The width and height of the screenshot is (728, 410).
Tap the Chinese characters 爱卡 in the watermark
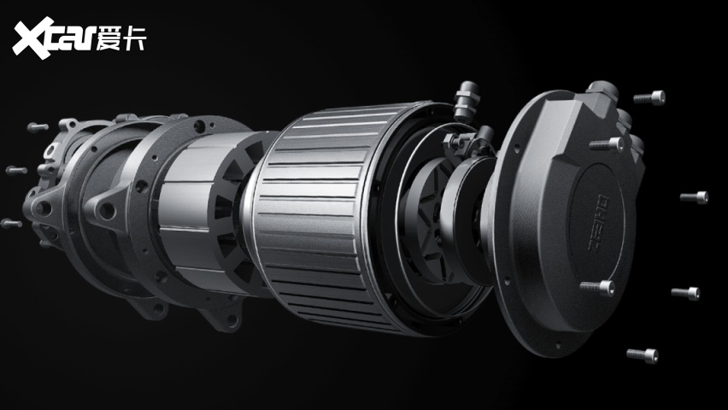121,38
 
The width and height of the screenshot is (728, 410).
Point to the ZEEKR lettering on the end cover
598,224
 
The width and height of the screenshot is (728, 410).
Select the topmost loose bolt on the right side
649,98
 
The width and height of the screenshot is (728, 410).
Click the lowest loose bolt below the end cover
643,355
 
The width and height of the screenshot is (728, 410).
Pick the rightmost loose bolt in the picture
695,197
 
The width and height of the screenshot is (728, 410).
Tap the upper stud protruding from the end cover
608,144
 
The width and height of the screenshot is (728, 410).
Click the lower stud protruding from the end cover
597,288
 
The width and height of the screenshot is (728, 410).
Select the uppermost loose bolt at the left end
38,126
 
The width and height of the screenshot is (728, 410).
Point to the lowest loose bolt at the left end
11,224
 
